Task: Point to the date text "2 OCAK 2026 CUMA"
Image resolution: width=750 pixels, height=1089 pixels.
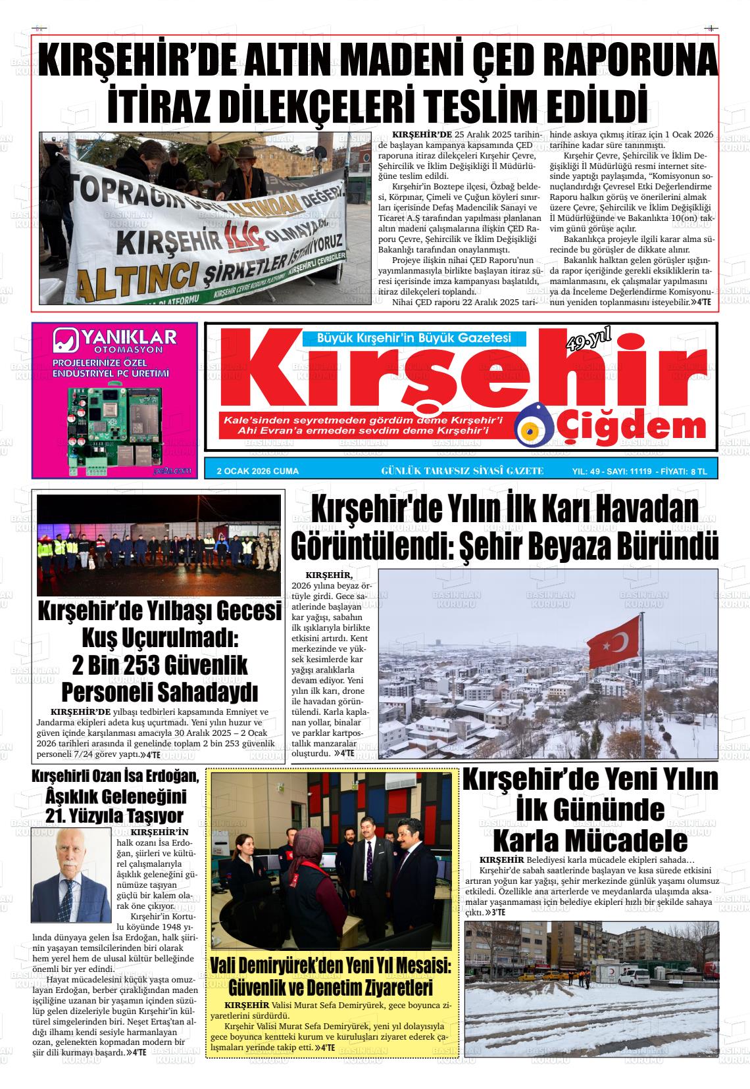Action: [258, 471]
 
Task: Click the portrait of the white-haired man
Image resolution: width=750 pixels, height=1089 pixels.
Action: [72, 865]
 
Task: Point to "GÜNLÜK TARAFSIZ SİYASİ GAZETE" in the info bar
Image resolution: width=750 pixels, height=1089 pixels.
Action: [463, 471]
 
